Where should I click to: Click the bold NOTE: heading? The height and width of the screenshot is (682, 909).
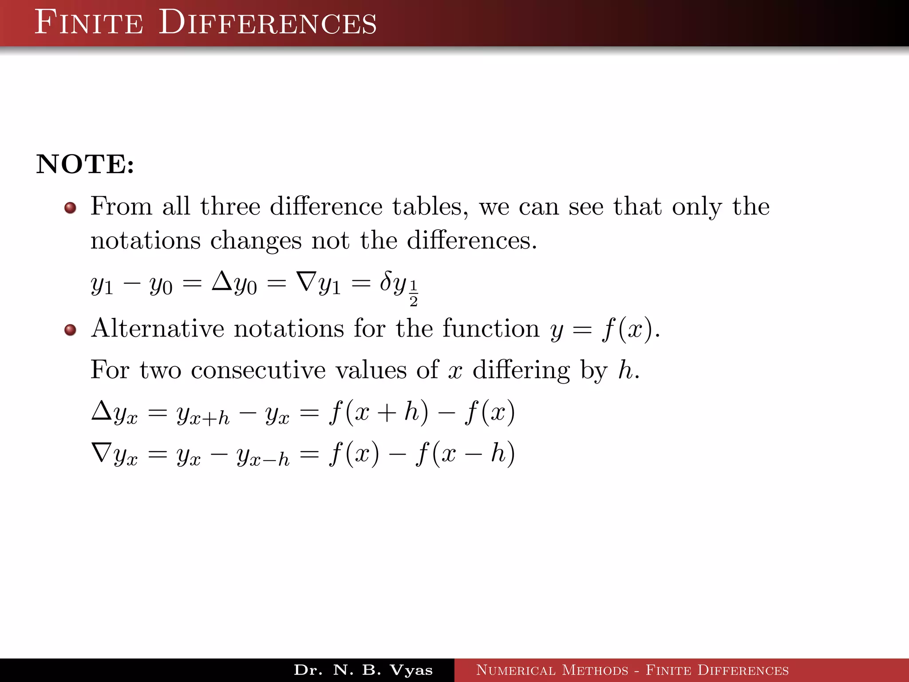pos(85,164)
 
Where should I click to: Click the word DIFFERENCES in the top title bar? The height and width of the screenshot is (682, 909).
pos(268,23)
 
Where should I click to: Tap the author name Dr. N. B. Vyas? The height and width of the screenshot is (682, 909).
pos(363,670)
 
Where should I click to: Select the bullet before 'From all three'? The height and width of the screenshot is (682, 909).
pos(70,208)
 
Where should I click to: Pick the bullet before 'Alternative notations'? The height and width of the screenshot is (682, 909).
pos(70,330)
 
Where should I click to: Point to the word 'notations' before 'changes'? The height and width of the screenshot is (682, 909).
pos(146,241)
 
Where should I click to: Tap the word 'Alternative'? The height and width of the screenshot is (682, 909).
pos(158,329)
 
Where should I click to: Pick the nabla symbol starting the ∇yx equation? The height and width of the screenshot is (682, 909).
pos(102,452)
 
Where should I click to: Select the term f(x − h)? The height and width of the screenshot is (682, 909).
pos(465,454)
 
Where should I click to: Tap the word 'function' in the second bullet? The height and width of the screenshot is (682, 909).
pos(490,329)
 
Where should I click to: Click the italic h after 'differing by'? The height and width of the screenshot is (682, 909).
pos(626,369)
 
